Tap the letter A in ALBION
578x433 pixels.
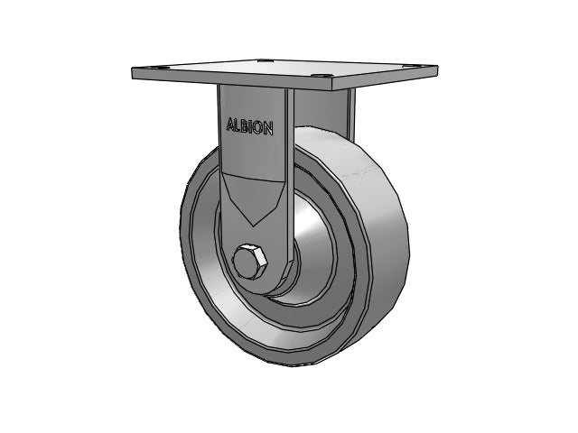coord(230,126)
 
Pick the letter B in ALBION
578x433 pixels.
coord(247,125)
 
